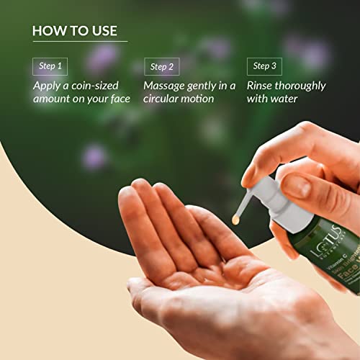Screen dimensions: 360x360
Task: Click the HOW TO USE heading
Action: coord(75,31)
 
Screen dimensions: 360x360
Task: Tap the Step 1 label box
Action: coord(50,66)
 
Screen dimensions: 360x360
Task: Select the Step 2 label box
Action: coord(161,67)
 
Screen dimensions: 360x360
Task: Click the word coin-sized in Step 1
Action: coord(90,86)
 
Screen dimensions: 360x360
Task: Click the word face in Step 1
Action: coord(117,99)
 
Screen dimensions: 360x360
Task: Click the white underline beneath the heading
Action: coord(79,42)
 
